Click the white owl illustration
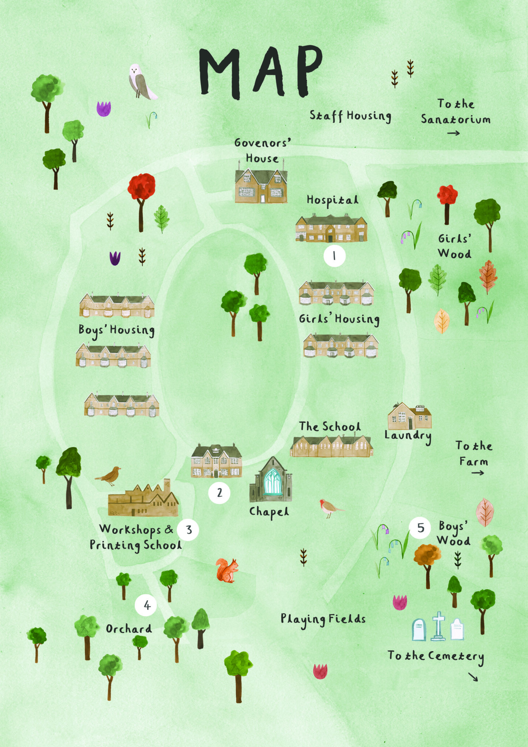[x=141, y=82]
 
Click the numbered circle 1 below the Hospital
[x=334, y=256]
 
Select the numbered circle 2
[x=219, y=493]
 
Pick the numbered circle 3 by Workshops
[x=188, y=530]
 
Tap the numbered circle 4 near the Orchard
[x=146, y=605]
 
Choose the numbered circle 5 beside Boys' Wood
[x=420, y=527]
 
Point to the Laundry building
[x=409, y=417]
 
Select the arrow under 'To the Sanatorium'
[x=454, y=133]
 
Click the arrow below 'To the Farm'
[x=477, y=473]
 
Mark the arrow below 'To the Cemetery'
[x=473, y=677]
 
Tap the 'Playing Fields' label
[x=323, y=619]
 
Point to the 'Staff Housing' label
[x=350, y=116]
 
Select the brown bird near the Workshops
[x=109, y=475]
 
